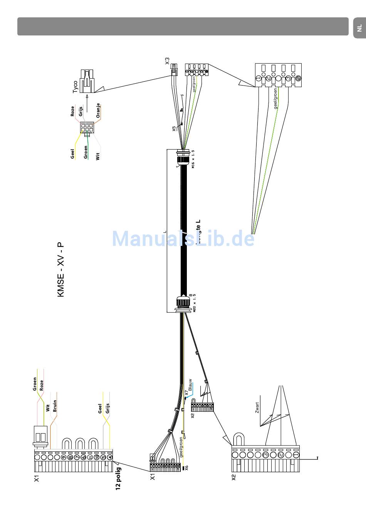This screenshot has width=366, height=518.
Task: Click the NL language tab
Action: click(359, 28)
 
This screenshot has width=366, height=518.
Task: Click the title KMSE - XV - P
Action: click(61, 270)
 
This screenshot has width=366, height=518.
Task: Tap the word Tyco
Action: click(75, 86)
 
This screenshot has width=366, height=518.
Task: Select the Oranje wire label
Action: click(98, 110)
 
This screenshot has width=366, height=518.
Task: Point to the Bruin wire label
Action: click(55, 406)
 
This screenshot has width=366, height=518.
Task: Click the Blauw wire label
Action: click(190, 384)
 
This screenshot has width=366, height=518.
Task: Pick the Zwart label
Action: click(257, 408)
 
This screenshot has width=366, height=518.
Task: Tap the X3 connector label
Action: click(167, 61)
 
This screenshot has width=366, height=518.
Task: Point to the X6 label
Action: click(186, 468)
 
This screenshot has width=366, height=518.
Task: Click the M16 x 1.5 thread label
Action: click(193, 159)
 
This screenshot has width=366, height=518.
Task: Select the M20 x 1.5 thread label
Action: click(194, 303)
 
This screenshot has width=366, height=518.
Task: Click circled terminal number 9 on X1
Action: click(63, 457)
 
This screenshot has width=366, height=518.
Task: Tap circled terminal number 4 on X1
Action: click(110, 457)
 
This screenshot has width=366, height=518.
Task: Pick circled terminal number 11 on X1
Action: click(90, 457)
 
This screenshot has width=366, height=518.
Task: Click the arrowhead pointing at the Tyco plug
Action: click(87, 96)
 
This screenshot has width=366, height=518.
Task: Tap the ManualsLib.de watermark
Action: click(183, 239)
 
